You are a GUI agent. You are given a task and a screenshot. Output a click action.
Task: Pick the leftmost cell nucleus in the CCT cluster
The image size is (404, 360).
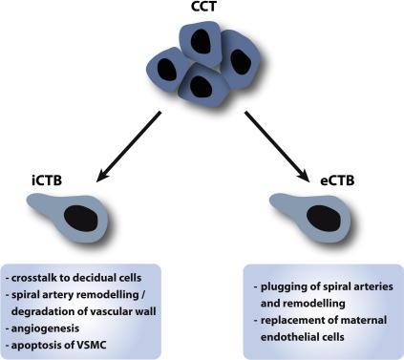click(168, 70)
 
